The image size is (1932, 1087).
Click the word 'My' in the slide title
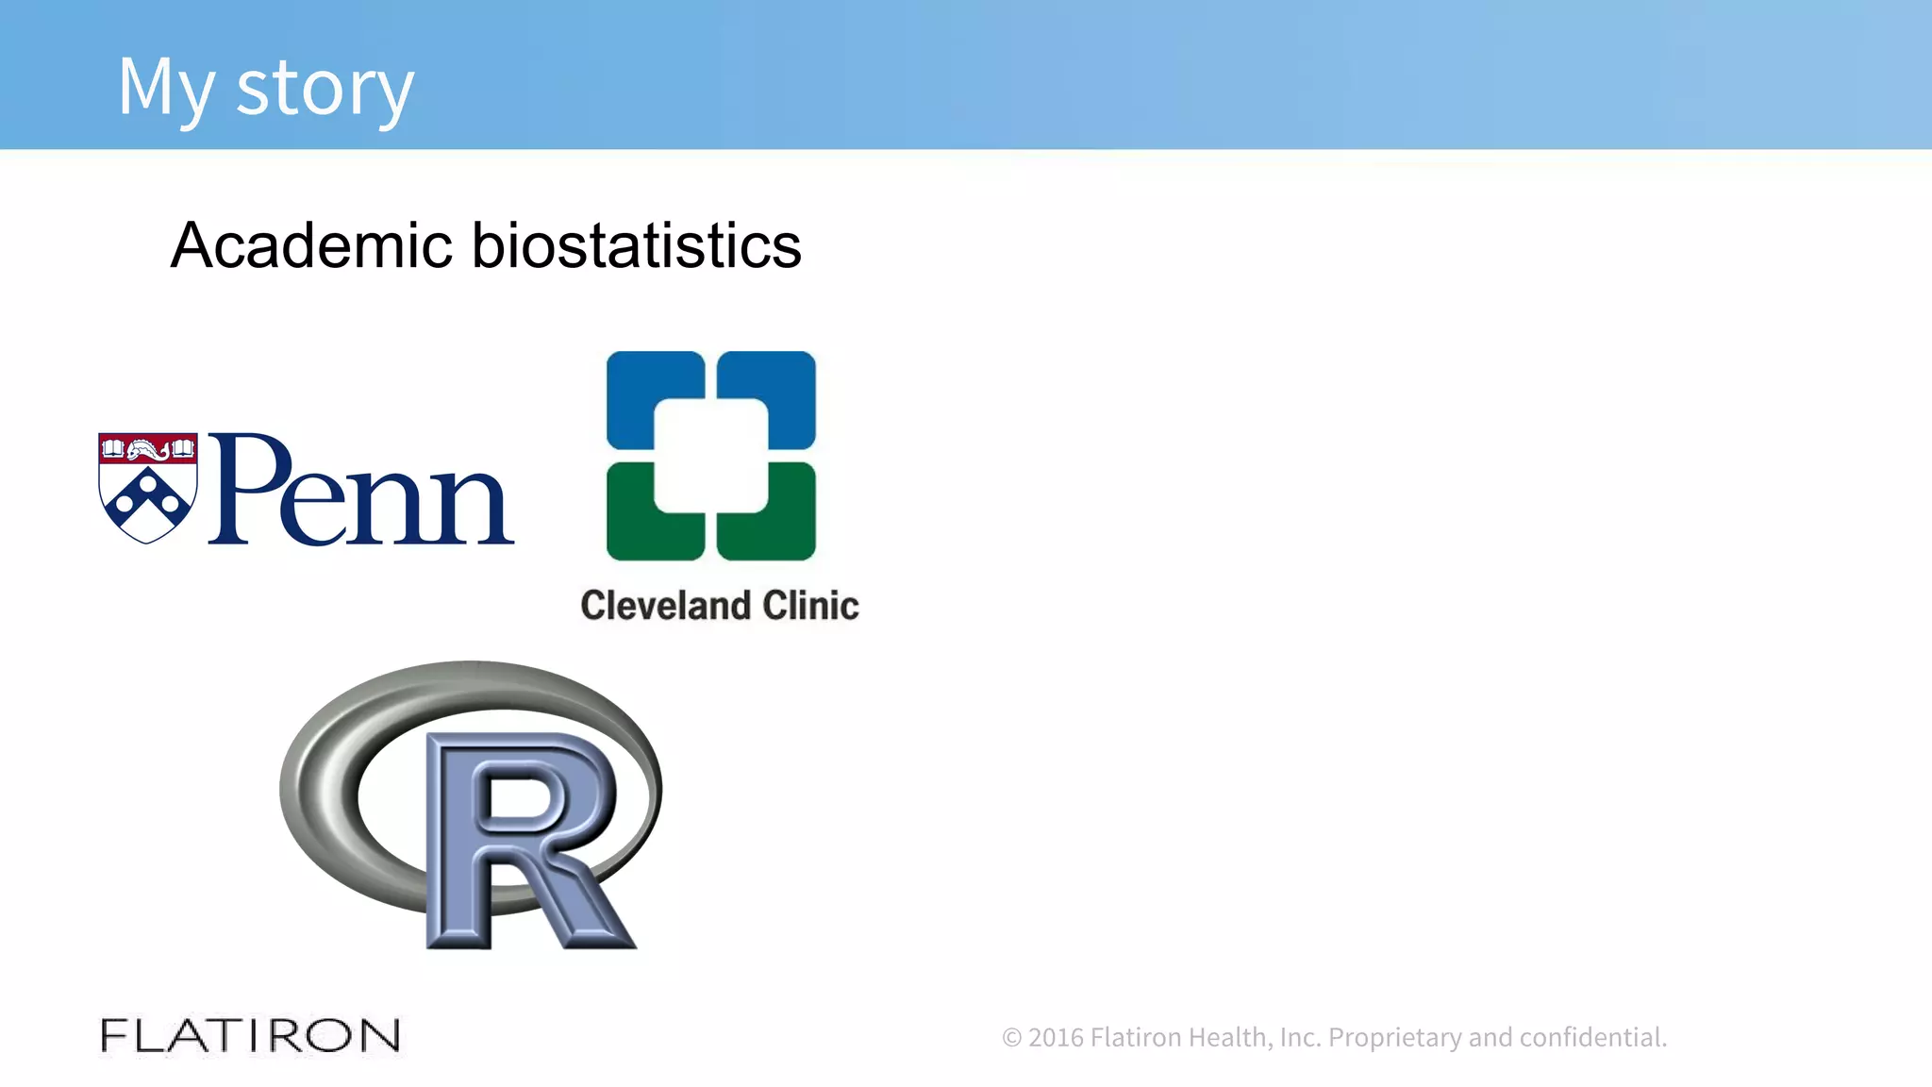tap(166, 88)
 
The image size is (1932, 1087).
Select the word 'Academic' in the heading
tap(311, 245)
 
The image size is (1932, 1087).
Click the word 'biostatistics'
tap(636, 245)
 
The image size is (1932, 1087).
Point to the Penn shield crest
tap(148, 488)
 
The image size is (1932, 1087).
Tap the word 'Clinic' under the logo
tap(810, 606)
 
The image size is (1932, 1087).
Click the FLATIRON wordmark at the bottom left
tap(250, 1035)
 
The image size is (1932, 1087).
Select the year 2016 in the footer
tap(1057, 1037)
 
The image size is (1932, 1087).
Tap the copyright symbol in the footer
tap(1011, 1038)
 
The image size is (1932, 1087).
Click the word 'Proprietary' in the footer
tap(1394, 1037)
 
